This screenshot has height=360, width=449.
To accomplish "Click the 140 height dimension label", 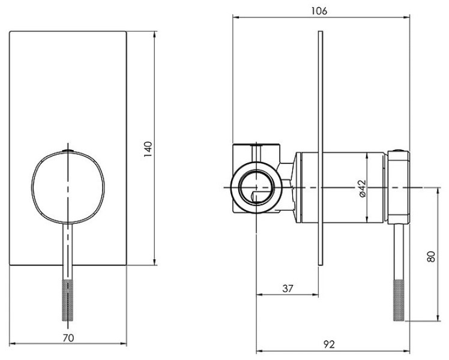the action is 148,149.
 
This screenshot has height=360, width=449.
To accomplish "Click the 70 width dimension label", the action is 68,338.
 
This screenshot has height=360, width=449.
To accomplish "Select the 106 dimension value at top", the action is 319,11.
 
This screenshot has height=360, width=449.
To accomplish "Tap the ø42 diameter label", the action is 362,188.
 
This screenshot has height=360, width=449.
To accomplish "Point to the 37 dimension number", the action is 288,289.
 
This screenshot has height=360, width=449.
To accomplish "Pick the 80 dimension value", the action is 430,256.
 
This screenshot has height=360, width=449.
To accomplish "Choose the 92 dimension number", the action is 329,344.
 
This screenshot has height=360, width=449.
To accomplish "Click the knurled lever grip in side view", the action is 399,300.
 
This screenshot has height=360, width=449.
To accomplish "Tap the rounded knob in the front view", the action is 68,187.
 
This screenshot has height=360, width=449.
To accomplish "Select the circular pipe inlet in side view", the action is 256,187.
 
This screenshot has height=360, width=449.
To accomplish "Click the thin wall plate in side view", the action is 321,148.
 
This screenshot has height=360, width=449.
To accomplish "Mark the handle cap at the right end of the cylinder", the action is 398,187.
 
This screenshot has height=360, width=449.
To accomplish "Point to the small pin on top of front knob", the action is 68,150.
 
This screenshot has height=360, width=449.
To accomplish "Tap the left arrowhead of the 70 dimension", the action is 13,343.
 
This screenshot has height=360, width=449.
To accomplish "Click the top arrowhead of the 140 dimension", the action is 155,34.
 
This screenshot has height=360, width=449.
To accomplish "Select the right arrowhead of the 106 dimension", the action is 406,17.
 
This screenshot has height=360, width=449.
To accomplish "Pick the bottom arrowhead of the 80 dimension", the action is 438,317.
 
